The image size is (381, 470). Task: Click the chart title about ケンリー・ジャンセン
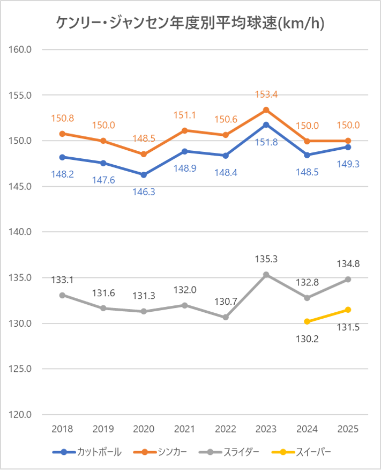[190, 23]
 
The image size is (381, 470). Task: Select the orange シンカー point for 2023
[266, 110]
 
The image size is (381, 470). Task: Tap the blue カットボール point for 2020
[144, 175]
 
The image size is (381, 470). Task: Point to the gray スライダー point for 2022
[226, 317]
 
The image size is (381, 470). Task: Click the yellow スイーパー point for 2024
[307, 322]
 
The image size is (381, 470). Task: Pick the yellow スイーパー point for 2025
[348, 310]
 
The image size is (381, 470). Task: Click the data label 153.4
[266, 95]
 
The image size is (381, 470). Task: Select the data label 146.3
[144, 191]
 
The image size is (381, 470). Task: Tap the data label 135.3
[266, 259]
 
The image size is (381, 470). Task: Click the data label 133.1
[62, 280]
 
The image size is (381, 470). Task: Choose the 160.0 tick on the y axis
[21, 49]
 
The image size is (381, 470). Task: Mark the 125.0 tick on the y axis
[21, 369]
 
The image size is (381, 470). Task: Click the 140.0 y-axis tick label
[21, 232]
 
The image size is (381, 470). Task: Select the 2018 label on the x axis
[62, 429]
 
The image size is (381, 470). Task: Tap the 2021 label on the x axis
[184, 429]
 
